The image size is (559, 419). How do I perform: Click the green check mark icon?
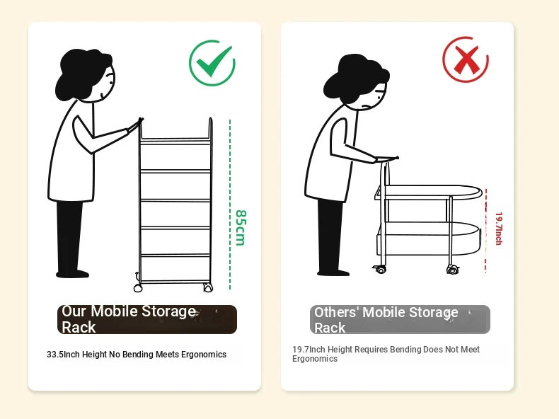[x=212, y=63]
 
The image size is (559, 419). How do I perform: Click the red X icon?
[x=465, y=59]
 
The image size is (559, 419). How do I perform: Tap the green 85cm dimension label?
[x=241, y=228]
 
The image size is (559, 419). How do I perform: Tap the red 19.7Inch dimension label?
[x=499, y=229]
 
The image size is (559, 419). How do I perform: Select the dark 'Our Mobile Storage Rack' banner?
[x=147, y=319]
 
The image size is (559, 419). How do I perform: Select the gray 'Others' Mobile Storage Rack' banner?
[x=400, y=319]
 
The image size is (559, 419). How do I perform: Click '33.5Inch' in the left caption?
[x=63, y=355]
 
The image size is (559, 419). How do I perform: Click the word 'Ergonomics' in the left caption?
[x=204, y=355]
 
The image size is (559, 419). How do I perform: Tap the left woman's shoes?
[x=72, y=274]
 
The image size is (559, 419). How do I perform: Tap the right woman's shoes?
[x=333, y=272]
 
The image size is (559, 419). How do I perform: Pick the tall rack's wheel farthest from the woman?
[x=208, y=287]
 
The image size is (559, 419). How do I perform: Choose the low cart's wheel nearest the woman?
[x=381, y=270]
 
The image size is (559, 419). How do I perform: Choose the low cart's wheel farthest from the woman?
[x=452, y=270]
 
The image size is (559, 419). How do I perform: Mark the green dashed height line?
[x=230, y=205]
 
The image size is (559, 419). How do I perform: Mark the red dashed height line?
[x=485, y=231]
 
